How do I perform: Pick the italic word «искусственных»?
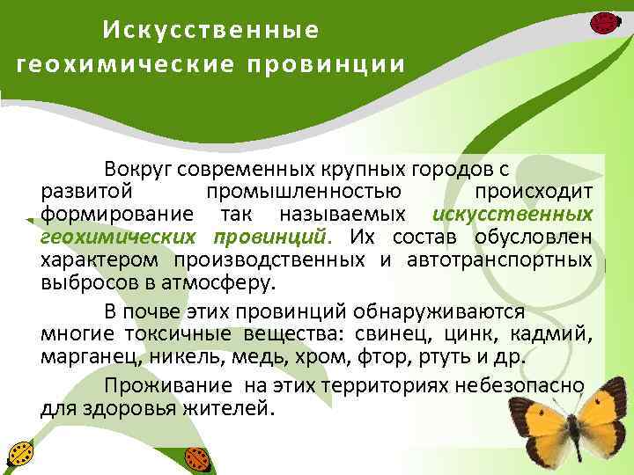512,215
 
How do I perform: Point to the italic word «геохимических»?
117,237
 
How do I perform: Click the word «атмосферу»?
228,283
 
